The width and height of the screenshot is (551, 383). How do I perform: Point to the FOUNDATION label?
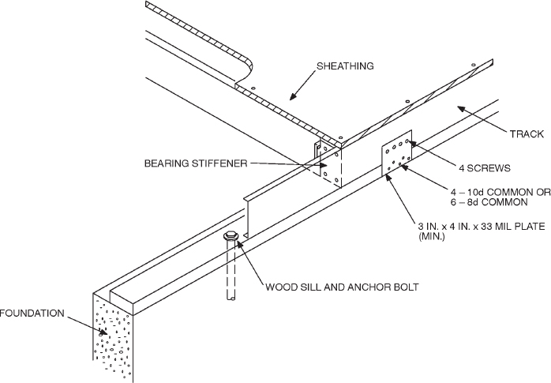coord(32,313)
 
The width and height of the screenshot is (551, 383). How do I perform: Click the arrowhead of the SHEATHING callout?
coord(290,98)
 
